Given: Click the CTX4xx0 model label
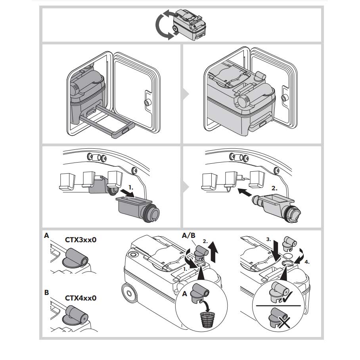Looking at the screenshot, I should point(80,298).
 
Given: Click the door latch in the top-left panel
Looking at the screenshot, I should point(148,103).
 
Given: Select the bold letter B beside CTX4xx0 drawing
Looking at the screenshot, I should point(46,293).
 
